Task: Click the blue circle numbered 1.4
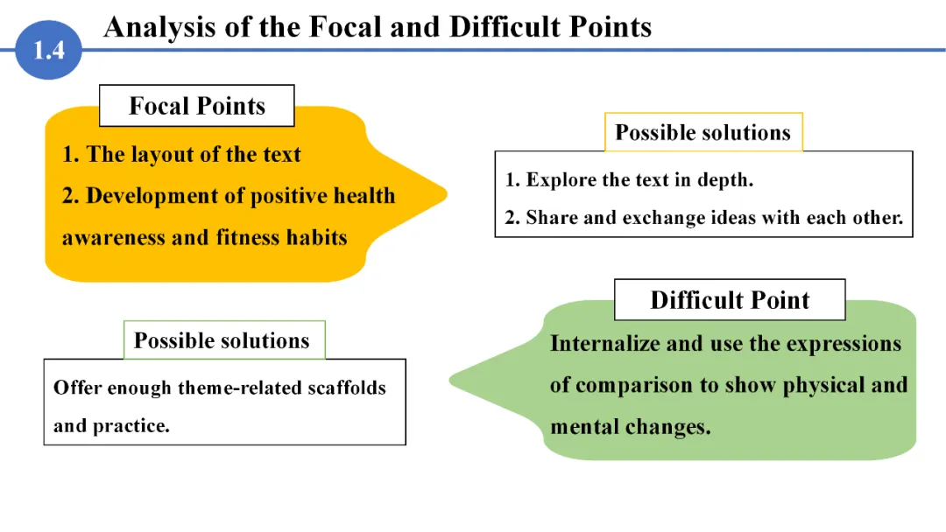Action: pos(49,50)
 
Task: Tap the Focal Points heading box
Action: pos(196,106)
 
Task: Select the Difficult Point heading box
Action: pos(730,300)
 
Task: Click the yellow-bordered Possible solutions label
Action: pos(702,132)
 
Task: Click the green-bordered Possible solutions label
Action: pos(222,340)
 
